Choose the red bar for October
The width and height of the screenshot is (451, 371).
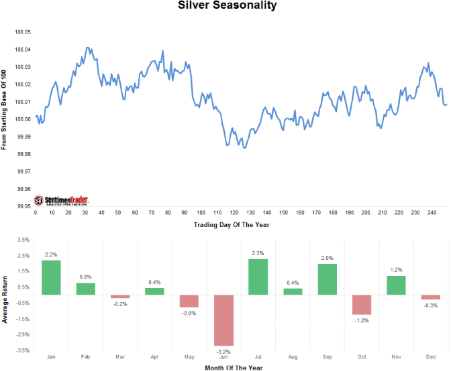pyautogui.click(x=361, y=305)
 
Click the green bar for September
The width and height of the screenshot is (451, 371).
pyautogui.click(x=327, y=279)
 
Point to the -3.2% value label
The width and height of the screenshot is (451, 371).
pyautogui.click(x=223, y=351)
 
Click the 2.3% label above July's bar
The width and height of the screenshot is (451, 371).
pyautogui.click(x=258, y=252)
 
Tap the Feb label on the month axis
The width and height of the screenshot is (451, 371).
pyautogui.click(x=85, y=357)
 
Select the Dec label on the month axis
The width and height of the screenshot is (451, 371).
pyautogui.click(x=430, y=357)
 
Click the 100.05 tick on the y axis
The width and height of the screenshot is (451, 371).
pyautogui.click(x=23, y=32)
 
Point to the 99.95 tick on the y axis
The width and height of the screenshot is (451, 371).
pyautogui.click(x=23, y=206)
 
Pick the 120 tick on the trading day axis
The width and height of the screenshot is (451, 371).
pyautogui.click(x=234, y=212)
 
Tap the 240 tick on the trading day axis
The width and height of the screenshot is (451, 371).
pyautogui.click(x=432, y=212)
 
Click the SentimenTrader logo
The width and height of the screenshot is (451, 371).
pyautogui.click(x=62, y=200)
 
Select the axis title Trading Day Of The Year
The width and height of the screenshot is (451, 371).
pyautogui.click(x=232, y=224)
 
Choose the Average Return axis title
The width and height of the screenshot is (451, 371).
pyautogui.click(x=5, y=295)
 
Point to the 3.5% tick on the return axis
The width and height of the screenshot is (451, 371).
pyautogui.click(x=22, y=239)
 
